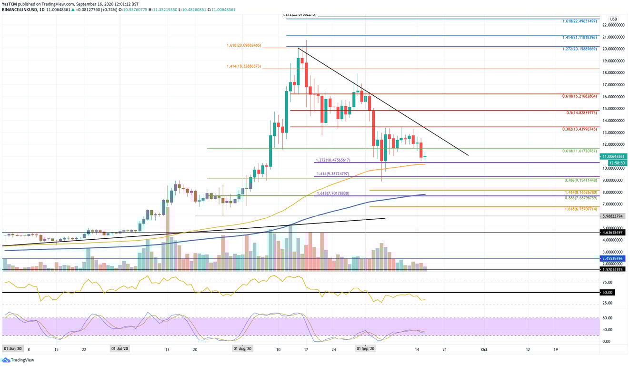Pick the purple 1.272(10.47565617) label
coord(333,160)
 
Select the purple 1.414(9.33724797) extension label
coord(332,174)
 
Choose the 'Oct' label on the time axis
coord(484,349)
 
